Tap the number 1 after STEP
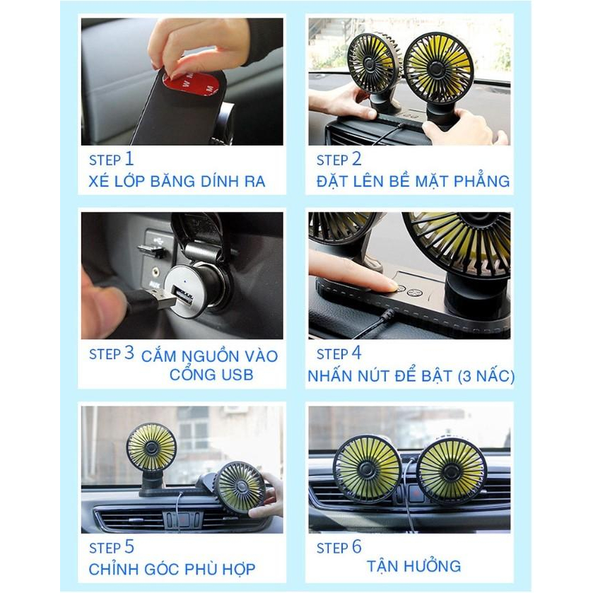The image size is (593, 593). tap(129, 158)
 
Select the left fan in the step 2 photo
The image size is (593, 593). tap(374, 62)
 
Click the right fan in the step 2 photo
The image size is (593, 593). tap(438, 68)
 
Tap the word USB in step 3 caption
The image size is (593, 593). tap(239, 375)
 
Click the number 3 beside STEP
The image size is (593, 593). tap(129, 353)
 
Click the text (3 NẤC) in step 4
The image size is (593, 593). tap(486, 376)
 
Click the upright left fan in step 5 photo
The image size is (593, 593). tap(151, 447)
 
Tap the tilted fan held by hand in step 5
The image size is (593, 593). tap(239, 487)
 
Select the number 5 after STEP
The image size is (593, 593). tap(129, 547)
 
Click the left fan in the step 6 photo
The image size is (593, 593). tap(368, 469)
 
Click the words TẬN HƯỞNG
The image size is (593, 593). tap(413, 566)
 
